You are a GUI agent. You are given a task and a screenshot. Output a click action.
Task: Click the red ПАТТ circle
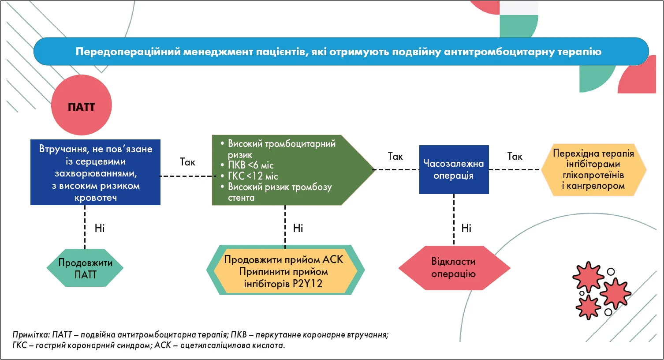(x=82, y=105)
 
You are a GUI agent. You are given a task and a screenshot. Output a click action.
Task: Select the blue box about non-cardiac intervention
(x=95, y=172)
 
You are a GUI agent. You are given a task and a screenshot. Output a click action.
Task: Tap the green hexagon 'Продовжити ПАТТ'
(x=85, y=268)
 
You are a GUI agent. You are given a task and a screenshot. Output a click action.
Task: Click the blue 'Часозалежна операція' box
(x=454, y=169)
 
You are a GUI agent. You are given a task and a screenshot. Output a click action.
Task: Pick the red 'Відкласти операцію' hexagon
(x=454, y=268)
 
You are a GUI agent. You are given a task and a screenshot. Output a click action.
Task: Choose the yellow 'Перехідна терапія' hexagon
(x=593, y=170)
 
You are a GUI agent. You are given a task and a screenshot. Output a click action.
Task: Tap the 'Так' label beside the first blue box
(x=188, y=162)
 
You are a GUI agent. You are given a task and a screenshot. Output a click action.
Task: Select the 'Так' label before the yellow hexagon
(x=515, y=156)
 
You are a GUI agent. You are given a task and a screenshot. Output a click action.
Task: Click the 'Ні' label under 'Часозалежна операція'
(x=466, y=228)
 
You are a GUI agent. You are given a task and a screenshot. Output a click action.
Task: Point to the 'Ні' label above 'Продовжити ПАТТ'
(x=100, y=228)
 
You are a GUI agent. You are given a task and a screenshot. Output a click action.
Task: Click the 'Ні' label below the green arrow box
(x=298, y=228)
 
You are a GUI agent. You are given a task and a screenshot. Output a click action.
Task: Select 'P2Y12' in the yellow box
(x=307, y=284)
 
